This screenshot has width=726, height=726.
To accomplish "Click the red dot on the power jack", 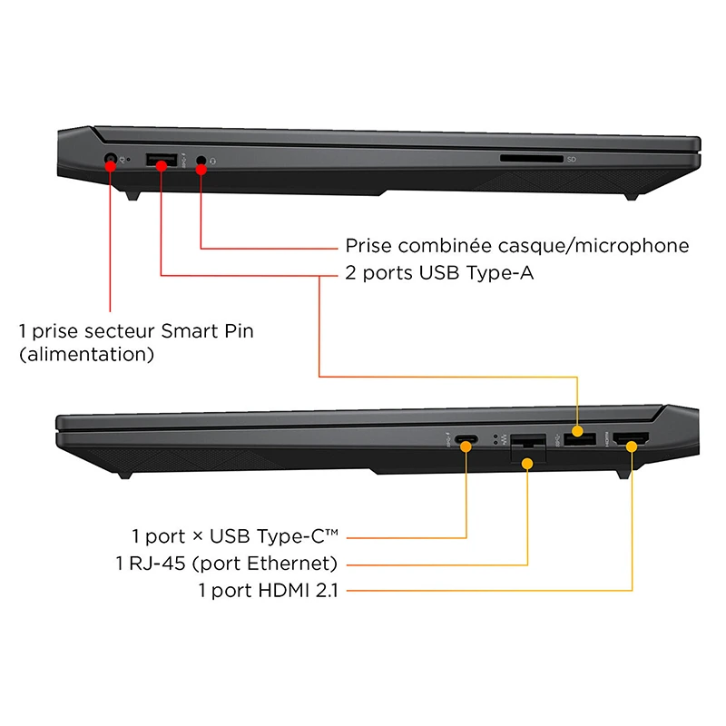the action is (110, 166).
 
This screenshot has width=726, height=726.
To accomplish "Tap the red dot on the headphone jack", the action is (201, 170).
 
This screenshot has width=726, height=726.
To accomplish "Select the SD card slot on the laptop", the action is (532, 159).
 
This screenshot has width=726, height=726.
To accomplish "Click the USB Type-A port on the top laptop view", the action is (162, 160).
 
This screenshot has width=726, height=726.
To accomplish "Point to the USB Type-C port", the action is (466, 438).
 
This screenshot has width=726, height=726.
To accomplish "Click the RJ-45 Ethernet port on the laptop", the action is (528, 447).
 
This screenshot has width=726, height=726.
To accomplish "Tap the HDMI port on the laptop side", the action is (631, 438).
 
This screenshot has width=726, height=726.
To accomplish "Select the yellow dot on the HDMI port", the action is (632, 446).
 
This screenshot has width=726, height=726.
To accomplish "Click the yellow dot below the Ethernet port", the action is (527, 463).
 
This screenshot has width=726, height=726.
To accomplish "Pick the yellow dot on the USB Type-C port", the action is (466, 446).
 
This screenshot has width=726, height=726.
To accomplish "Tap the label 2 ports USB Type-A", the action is (439, 273).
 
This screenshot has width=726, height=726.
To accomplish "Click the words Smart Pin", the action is (208, 331).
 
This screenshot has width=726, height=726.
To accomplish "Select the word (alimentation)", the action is (86, 354).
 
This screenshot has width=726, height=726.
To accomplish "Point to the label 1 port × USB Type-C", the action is (235, 536).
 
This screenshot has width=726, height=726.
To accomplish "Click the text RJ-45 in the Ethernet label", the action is (157, 564).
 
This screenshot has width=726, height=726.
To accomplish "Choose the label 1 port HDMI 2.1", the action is (268, 591).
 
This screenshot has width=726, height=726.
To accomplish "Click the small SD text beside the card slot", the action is (572, 160).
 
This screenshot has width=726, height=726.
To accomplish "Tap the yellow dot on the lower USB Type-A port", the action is (577, 431).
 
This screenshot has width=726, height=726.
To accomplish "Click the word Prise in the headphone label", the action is (368, 245).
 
